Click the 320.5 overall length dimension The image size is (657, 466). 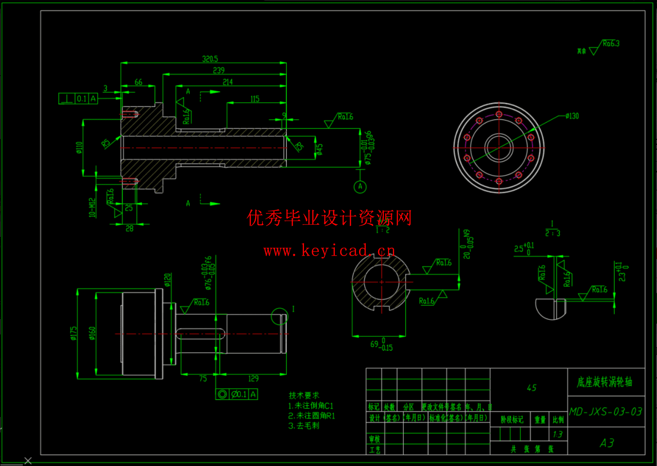coord(210,59)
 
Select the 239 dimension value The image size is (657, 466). coord(219,70)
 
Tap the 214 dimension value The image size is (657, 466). coord(227,82)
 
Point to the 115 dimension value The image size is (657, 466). coord(254,99)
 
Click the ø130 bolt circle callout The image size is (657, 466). coord(572,116)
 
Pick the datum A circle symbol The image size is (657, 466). coord(360,187)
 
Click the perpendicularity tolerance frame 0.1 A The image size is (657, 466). coord(78,98)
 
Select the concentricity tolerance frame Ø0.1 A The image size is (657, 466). coord(236,394)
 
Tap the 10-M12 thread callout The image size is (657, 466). coord(92,208)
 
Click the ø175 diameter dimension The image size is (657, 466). coord(74,333)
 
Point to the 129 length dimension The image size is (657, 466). coord(253,379)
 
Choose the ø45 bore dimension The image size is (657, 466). coord(319,149)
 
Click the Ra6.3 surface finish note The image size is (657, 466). coord(610,44)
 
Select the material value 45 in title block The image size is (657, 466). coord(531,388)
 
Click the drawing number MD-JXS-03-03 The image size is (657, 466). coord(606,412)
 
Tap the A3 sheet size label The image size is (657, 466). coord(607,443)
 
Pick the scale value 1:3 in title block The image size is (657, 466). coord(558,434)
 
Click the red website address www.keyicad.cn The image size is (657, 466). coord(329,251)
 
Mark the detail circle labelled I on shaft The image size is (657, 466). coord(280,317)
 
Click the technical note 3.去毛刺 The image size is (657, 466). coord(304,425)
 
